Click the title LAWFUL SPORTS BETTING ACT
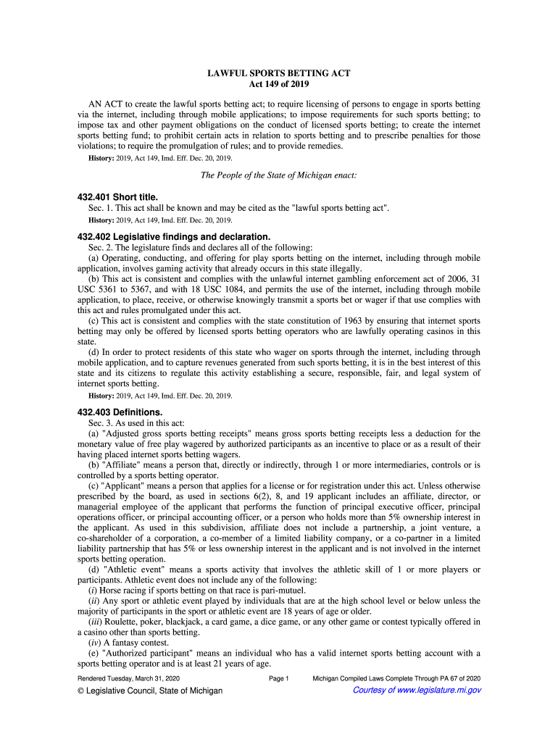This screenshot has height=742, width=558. click(x=279, y=75)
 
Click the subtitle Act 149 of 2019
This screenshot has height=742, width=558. click(x=279, y=86)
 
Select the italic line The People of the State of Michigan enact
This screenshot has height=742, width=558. click(x=279, y=175)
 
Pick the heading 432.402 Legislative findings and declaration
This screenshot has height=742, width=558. click(x=173, y=236)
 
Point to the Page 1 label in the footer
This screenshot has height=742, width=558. click(x=279, y=678)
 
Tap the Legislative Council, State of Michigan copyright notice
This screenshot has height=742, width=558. click(x=150, y=691)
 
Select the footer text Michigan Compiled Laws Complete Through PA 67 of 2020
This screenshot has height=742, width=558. click(x=396, y=678)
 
